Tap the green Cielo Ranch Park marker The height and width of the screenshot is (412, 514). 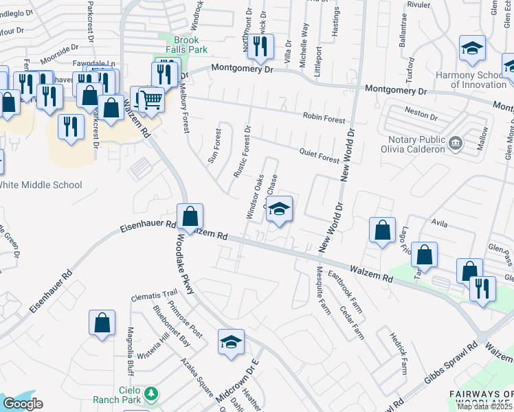153,393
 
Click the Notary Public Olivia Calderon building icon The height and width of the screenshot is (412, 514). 455,143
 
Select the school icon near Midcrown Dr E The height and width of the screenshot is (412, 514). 231,342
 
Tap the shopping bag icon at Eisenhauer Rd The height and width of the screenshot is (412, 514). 190,217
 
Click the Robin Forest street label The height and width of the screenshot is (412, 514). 325,119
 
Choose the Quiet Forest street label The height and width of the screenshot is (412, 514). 320,157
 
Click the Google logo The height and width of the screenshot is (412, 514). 23,404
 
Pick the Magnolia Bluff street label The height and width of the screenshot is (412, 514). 130,347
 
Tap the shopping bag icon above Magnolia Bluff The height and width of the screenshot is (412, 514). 102,323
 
